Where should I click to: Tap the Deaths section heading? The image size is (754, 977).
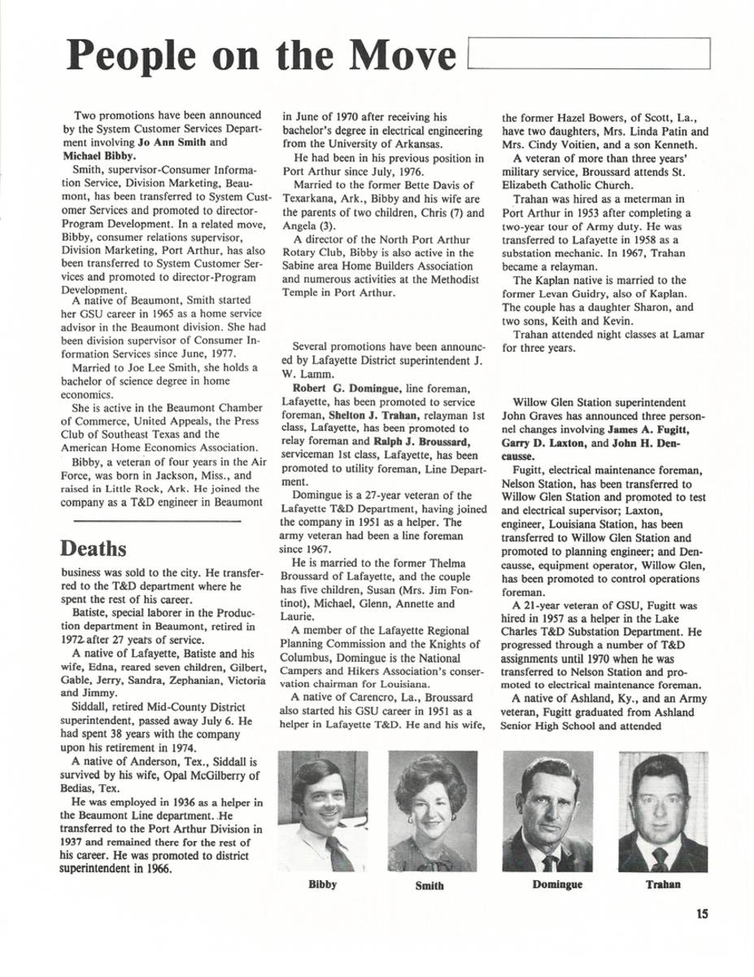(94, 548)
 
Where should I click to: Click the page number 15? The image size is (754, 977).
(702, 913)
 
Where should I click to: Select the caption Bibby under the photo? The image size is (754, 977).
(322, 884)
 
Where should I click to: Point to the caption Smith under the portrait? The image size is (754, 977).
(429, 886)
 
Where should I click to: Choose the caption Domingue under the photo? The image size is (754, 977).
(557, 884)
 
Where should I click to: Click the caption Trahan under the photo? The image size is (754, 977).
(663, 884)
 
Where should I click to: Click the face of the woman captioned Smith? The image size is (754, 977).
(429, 806)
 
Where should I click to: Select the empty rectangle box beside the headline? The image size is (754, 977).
(590, 54)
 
